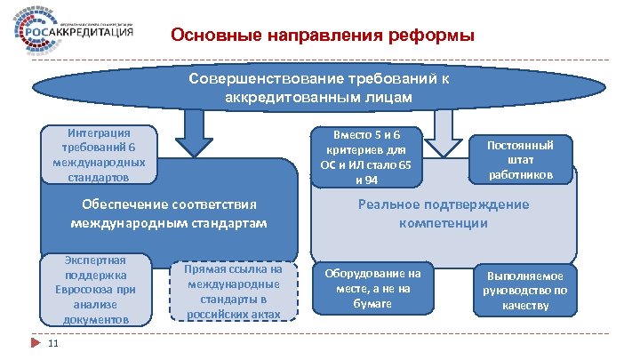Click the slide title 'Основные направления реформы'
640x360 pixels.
(x=323, y=36)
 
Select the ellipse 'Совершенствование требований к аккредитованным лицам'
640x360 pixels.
(x=319, y=86)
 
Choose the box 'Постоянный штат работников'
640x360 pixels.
(x=524, y=156)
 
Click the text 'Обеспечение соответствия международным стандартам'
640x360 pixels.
(x=169, y=213)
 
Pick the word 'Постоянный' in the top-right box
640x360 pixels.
(x=524, y=143)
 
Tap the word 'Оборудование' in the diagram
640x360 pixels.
(x=372, y=274)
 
